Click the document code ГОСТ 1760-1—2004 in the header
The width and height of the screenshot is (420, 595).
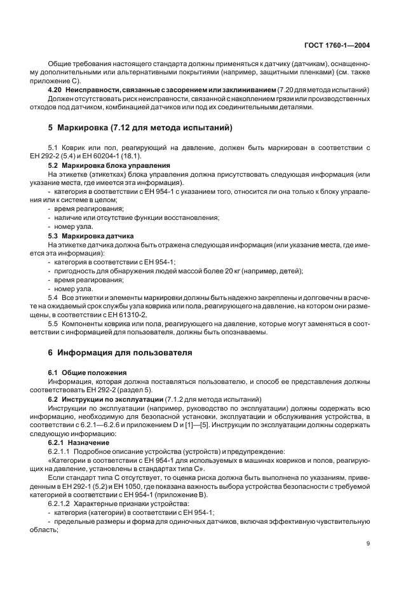(338, 45)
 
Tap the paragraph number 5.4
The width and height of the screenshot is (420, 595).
(53, 297)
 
